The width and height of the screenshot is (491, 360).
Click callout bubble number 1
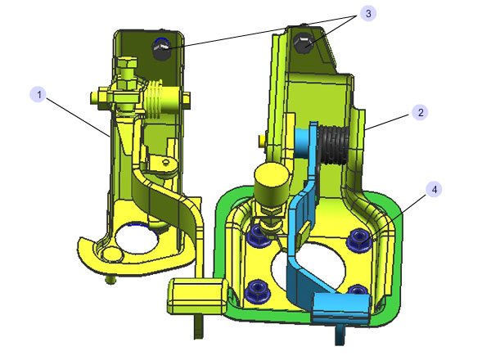(38, 94)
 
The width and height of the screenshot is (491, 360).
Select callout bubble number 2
(420, 112)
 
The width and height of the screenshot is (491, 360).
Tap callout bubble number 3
(368, 13)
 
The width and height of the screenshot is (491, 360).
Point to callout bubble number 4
(434, 189)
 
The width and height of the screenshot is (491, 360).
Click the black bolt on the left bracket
(161, 48)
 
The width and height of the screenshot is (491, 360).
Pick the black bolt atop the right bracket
(303, 43)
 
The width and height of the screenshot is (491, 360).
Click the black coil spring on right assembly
(335, 144)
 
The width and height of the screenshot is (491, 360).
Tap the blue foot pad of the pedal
(342, 308)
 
